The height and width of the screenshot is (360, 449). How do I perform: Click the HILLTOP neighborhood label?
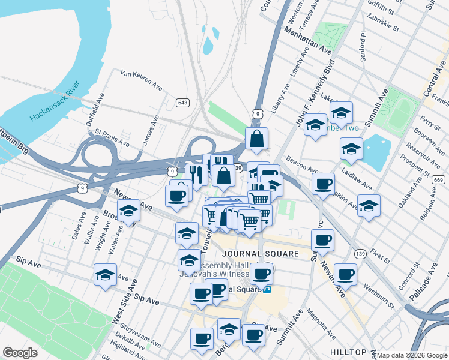[x=348, y=352]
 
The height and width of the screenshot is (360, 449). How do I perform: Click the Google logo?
[x=20, y=353]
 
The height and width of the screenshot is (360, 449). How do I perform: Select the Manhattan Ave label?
[x=308, y=40]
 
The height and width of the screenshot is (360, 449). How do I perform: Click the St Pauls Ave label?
[x=112, y=140]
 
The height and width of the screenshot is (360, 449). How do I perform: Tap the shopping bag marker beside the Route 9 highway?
[x=256, y=140]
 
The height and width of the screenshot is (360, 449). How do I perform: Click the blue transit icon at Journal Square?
[x=267, y=289]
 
